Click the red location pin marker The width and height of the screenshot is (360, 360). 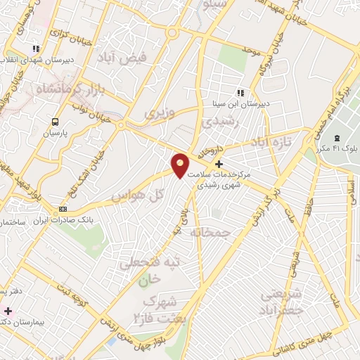181,165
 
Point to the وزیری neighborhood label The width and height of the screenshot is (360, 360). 158,112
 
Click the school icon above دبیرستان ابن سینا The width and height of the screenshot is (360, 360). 240,93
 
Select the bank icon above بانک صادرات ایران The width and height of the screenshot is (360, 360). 63,209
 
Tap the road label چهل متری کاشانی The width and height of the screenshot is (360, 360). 304,338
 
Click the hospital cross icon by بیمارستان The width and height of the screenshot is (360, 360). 8,310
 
